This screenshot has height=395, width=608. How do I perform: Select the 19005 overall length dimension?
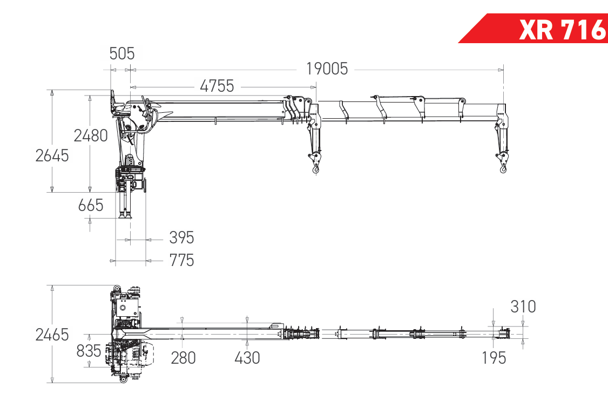click(327, 69)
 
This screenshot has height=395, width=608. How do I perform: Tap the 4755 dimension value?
click(217, 86)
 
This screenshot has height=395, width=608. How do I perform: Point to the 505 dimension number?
click(121, 53)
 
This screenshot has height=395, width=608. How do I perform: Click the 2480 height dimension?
click(91, 135)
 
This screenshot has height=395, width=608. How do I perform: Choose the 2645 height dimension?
click(52, 155)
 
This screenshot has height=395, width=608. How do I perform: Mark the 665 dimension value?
click(91, 205)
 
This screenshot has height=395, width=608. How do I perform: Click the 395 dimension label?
click(181, 237)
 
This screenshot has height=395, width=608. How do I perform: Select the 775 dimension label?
click(181, 260)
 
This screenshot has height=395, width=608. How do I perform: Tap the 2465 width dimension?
click(52, 335)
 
